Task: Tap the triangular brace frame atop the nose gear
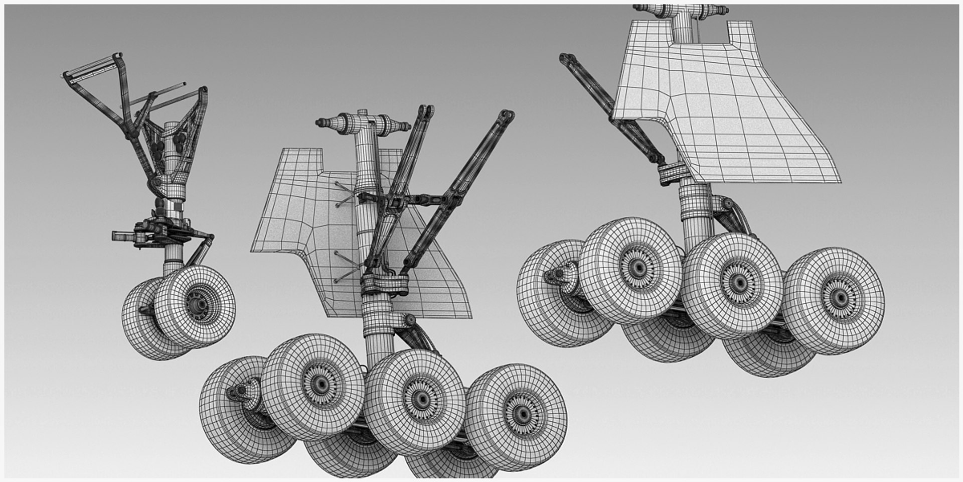[95, 75]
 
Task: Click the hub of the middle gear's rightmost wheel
[523, 414]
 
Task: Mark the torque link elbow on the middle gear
[410, 320]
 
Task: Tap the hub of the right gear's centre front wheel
[738, 283]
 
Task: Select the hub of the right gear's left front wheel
[637, 268]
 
